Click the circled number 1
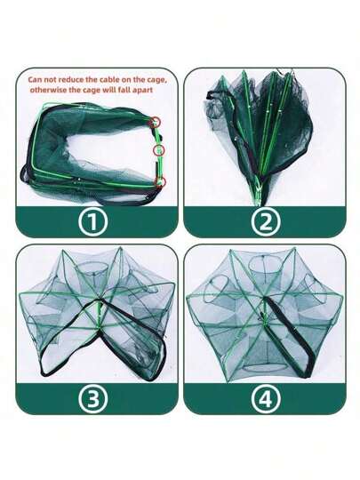tap(92, 221)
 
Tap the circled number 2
tap(266, 221)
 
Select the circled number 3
tap(93, 399)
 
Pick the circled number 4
tap(266, 399)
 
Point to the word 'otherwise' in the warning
tap(46, 90)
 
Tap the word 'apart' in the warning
tap(141, 91)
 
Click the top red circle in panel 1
tap(155, 122)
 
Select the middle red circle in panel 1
tap(159, 150)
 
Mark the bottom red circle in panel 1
tap(160, 182)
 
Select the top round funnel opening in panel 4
tap(262, 264)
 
